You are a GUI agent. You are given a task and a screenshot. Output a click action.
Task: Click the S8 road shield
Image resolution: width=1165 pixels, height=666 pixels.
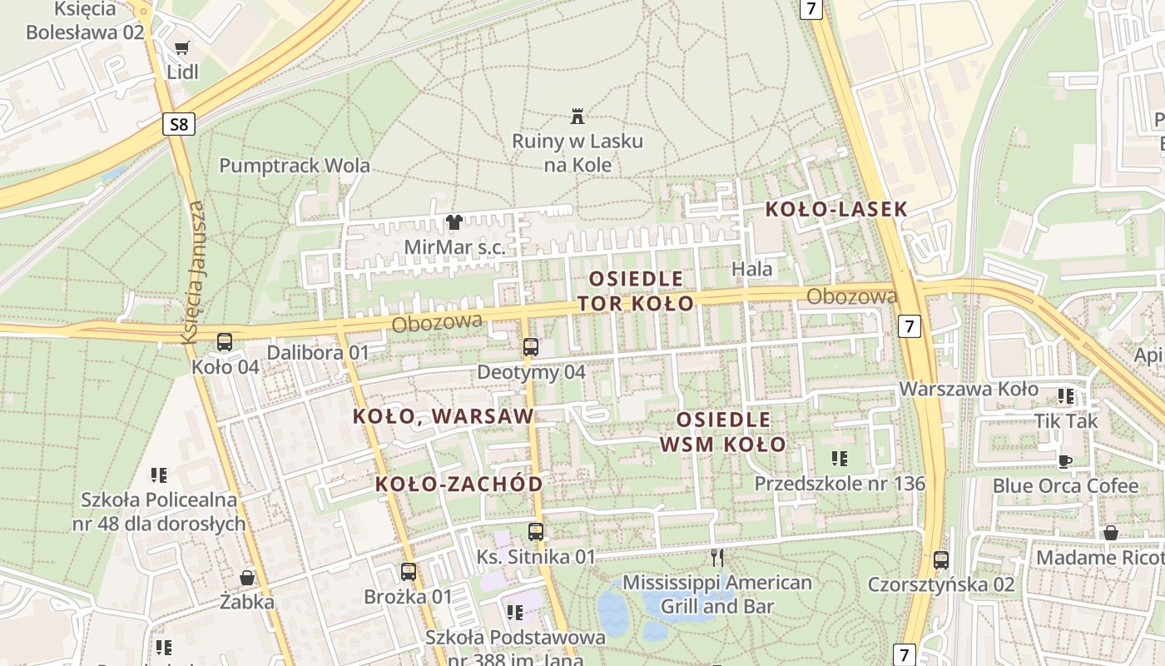click(x=178, y=125)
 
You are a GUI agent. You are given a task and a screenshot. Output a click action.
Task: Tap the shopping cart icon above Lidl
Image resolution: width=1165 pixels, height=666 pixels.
click(x=182, y=47)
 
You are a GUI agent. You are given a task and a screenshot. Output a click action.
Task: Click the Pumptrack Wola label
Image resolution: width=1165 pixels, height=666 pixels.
click(x=295, y=165)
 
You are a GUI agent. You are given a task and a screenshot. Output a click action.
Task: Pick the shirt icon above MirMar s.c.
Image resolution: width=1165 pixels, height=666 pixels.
click(x=454, y=222)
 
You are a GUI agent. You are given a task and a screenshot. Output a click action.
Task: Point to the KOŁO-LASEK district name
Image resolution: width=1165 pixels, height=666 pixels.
click(x=835, y=209)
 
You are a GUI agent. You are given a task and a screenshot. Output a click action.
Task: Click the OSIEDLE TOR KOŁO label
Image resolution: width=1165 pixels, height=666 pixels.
click(x=636, y=291)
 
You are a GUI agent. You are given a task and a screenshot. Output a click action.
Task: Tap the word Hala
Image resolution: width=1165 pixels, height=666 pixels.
click(x=752, y=269)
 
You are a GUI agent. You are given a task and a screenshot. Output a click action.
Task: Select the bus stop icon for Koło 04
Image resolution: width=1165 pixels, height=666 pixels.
click(x=225, y=341)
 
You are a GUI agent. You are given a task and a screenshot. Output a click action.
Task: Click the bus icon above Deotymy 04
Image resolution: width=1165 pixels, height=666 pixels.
click(x=531, y=346)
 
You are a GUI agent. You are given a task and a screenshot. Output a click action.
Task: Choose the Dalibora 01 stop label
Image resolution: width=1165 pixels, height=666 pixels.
click(x=317, y=352)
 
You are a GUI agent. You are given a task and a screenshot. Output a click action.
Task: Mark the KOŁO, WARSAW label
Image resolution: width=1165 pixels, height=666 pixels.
click(x=444, y=415)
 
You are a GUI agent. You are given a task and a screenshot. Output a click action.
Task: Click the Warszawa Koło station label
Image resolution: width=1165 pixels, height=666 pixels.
click(x=969, y=389)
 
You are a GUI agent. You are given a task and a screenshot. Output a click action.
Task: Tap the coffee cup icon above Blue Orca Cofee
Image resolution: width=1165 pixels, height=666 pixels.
click(x=1064, y=460)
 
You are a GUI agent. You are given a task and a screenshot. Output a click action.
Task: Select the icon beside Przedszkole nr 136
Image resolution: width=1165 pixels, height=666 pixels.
click(x=840, y=458)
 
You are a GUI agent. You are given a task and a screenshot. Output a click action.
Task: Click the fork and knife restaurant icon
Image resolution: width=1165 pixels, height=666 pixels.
click(x=716, y=556)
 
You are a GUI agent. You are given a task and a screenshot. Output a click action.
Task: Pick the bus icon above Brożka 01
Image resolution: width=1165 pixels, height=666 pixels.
click(x=408, y=571)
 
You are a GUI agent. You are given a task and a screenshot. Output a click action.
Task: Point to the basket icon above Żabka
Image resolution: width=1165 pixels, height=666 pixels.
click(x=247, y=577)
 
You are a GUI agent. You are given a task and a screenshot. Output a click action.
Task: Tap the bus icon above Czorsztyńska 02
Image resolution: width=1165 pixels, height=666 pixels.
click(x=941, y=559)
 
